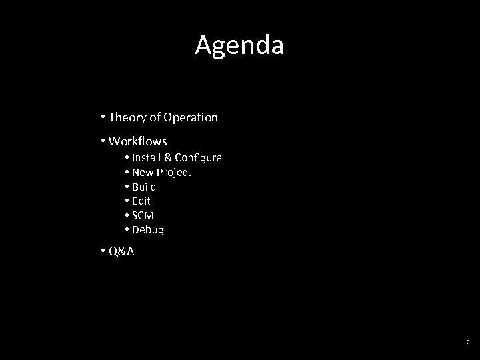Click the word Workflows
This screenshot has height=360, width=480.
[x=137, y=141]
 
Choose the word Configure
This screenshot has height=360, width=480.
[x=198, y=158]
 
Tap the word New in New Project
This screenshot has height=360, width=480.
[x=143, y=172]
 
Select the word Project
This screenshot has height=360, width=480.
[x=173, y=172]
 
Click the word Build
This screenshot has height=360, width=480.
[x=144, y=187]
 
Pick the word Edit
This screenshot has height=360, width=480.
[x=141, y=201]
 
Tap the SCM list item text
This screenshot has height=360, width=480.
[x=143, y=215]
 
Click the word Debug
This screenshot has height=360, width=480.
[x=147, y=230]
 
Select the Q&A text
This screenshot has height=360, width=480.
[x=121, y=252]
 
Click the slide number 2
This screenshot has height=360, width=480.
[x=467, y=343]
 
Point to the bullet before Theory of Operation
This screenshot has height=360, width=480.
[x=104, y=117]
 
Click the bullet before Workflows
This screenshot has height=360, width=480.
[x=104, y=141]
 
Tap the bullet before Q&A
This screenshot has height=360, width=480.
[x=104, y=252]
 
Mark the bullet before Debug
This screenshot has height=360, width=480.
[x=127, y=230]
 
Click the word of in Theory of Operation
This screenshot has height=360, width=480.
[x=154, y=117]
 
